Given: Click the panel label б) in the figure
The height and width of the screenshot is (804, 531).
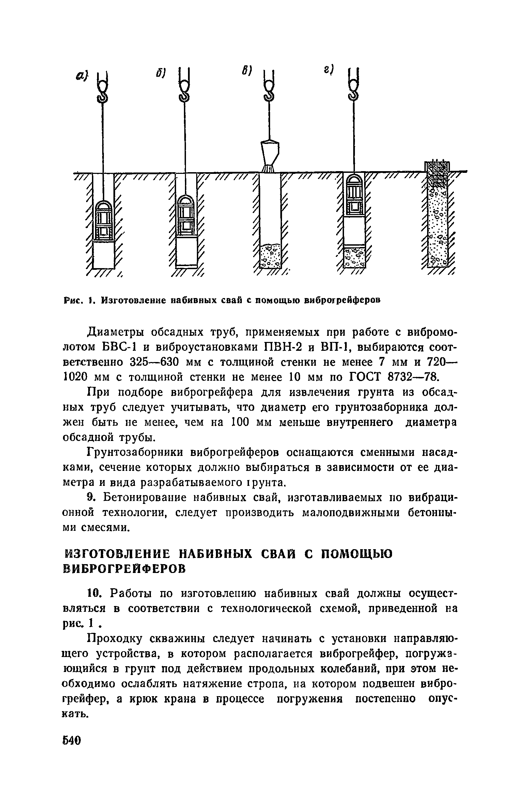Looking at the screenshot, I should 161,73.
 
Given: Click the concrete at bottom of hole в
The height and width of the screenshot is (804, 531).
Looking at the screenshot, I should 270,255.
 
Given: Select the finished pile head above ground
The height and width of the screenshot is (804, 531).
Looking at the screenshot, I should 437,166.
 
